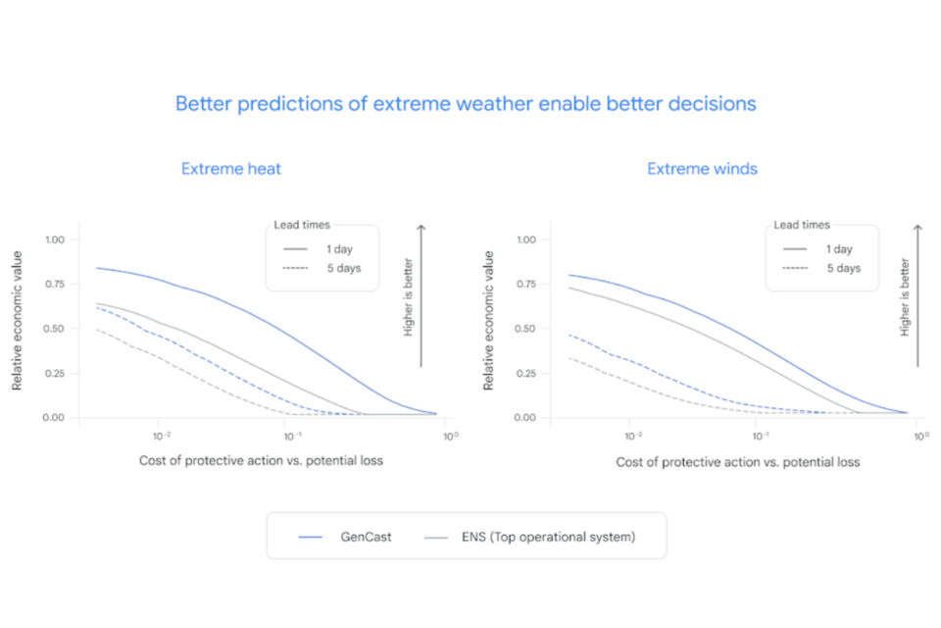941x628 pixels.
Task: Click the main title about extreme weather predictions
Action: pos(466,103)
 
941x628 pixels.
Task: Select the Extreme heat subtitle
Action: pos(231,169)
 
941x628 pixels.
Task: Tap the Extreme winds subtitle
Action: pos(702,169)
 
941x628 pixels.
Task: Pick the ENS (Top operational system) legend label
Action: pos(548,537)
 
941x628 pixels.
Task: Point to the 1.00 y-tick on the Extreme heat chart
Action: pos(56,239)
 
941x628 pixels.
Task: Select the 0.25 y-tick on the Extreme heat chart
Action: pos(56,374)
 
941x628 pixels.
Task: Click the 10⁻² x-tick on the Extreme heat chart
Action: pos(161,435)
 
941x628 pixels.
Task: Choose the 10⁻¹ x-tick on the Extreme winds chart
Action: pos(761,435)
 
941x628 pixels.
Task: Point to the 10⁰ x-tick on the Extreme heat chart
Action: pos(446,435)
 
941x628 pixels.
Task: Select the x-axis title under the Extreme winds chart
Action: pos(737,461)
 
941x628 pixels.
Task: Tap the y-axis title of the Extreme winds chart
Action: pos(488,321)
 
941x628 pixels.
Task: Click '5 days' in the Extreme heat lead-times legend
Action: pos(339,268)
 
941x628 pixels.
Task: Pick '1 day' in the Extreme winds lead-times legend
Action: pos(838,249)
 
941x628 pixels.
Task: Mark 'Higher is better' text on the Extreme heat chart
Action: pos(409,297)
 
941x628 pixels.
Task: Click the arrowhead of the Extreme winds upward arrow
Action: pos(917,229)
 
